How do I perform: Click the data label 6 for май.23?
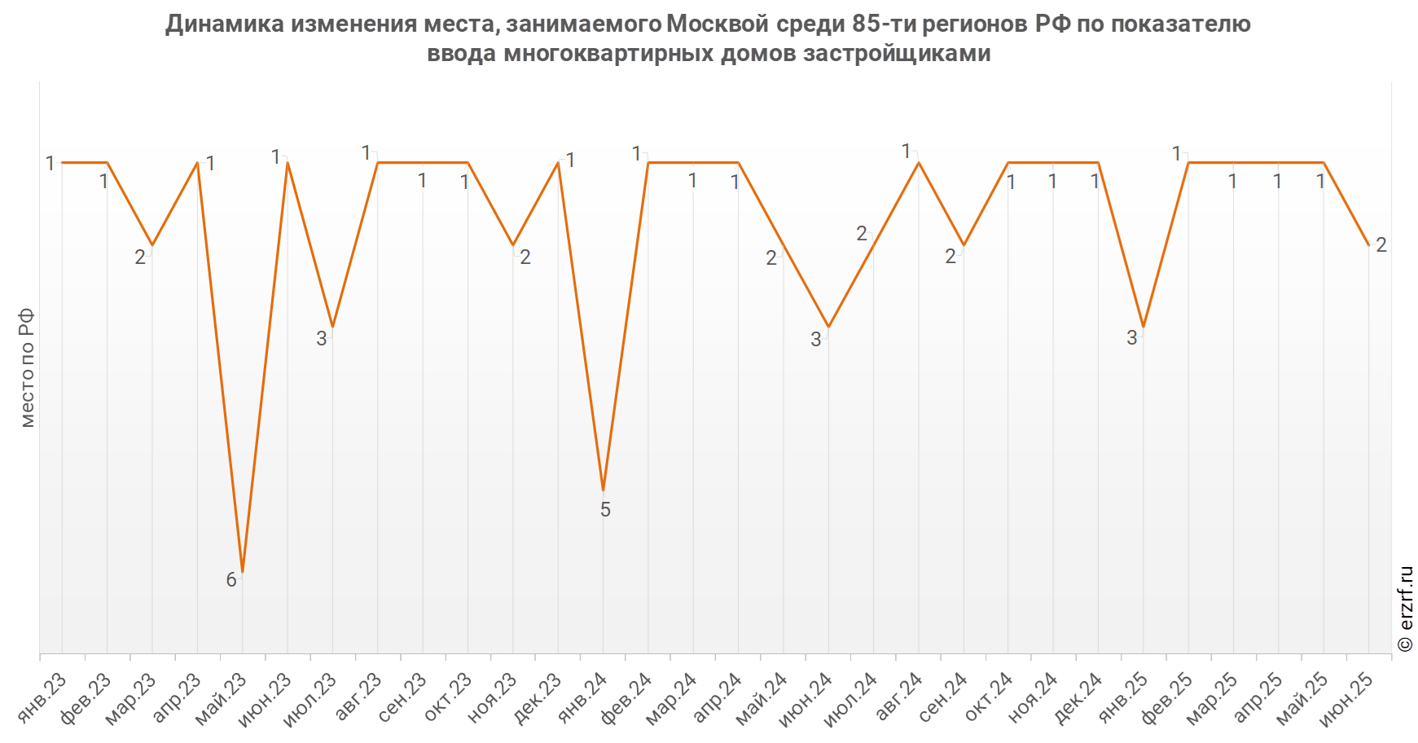[231, 579]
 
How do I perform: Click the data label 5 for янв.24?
[605, 510]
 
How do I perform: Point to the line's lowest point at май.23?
[243, 572]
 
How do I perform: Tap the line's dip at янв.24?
[603, 490]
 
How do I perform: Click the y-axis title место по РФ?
[27, 367]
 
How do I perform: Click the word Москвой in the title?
[717, 24]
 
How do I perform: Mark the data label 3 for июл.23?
[322, 338]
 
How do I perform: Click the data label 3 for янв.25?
[1131, 338]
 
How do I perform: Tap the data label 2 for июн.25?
[1381, 244]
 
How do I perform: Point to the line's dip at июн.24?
[828, 327]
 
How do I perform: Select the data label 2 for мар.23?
[140, 257]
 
